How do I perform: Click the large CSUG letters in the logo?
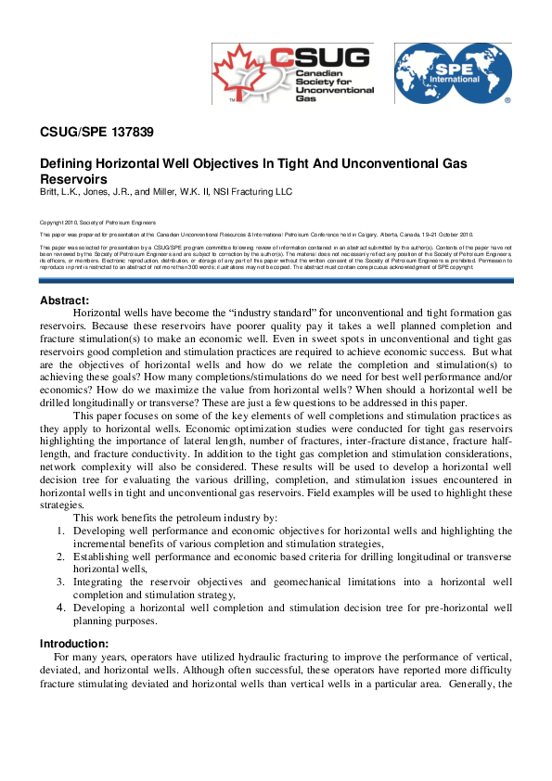pyautogui.click(x=331, y=58)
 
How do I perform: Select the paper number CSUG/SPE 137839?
pyautogui.click(x=96, y=132)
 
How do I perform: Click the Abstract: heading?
pyautogui.click(x=65, y=275)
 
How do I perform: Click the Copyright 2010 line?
pyautogui.click(x=97, y=223)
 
